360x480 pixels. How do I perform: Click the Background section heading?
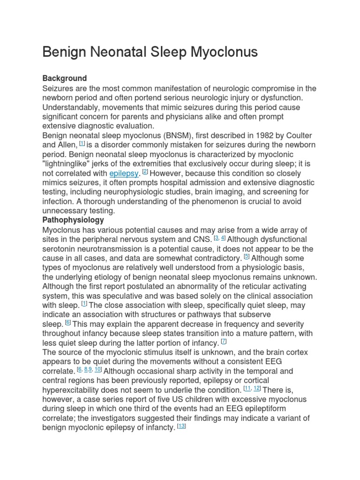(x=65, y=78)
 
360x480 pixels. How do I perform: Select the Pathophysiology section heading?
(x=73, y=220)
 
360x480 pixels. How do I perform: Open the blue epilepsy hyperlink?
(x=124, y=173)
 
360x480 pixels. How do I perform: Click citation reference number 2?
(x=145, y=172)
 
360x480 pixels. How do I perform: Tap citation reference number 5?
(x=247, y=257)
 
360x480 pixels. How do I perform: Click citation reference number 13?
(x=181, y=426)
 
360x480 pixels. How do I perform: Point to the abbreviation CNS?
(x=202, y=239)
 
